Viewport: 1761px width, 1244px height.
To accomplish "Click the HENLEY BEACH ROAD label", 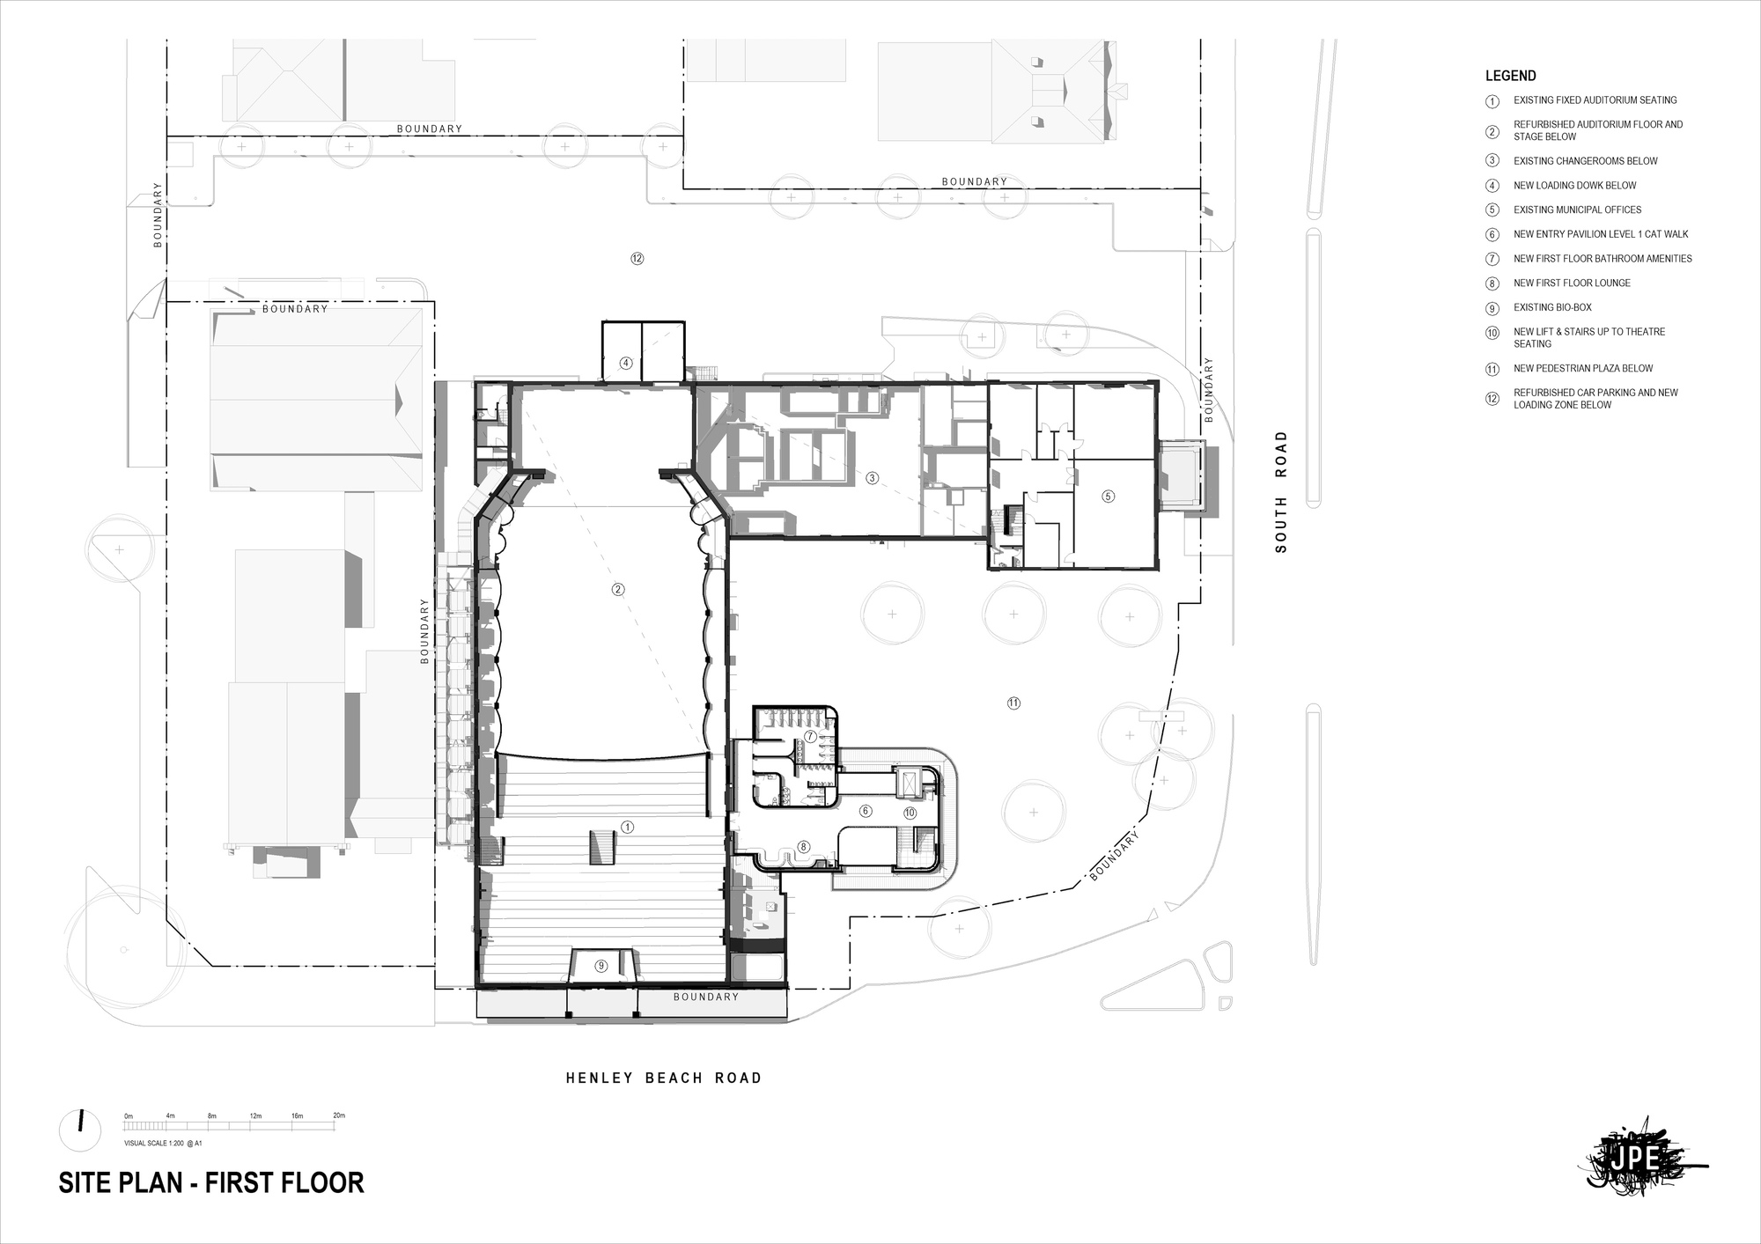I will pyautogui.click(x=663, y=1078).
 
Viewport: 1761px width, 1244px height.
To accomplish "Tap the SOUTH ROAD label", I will pyautogui.click(x=1281, y=491).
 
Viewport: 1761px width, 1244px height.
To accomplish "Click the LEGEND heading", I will pyautogui.click(x=1510, y=76).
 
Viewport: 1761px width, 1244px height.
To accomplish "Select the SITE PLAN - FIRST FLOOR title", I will pyautogui.click(x=211, y=1182).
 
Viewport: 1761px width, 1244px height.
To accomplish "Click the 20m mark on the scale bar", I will pyautogui.click(x=338, y=1115).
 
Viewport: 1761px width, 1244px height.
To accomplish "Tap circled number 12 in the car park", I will pyautogui.click(x=637, y=259).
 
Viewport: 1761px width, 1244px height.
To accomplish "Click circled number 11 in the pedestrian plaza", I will pyautogui.click(x=1013, y=703).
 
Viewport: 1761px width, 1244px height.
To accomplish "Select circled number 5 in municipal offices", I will pyautogui.click(x=1109, y=497).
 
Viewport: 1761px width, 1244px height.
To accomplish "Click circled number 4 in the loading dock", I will pyautogui.click(x=626, y=363).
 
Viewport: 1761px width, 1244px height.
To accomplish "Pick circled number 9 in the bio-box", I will pyautogui.click(x=601, y=966).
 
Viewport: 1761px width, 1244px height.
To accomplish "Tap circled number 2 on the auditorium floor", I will pyautogui.click(x=618, y=590).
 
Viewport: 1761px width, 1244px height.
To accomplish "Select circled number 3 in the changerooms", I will pyautogui.click(x=872, y=478).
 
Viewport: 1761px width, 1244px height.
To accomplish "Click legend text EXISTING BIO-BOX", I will pyautogui.click(x=1552, y=307).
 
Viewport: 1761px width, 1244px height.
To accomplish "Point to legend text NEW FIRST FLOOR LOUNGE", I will pyautogui.click(x=1572, y=283).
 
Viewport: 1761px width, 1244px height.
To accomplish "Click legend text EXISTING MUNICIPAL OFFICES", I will pyautogui.click(x=1577, y=210).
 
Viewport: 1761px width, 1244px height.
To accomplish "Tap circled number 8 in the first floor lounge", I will pyautogui.click(x=803, y=847).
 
